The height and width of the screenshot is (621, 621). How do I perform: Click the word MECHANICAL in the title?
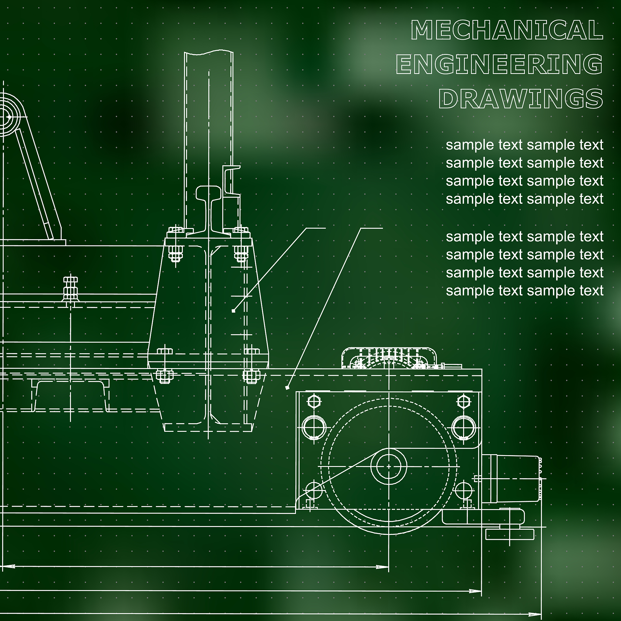507,30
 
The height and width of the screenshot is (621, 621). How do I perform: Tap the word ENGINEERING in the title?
499,64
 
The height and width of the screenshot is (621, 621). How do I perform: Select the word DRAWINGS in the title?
521,99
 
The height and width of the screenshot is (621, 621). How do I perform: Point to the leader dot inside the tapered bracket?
233,311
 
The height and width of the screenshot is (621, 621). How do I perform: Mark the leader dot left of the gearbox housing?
287,388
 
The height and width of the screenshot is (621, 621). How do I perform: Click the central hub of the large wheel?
389,466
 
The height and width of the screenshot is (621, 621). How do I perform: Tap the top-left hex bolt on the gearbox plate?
314,401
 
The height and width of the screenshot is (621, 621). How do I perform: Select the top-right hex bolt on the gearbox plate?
463,401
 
